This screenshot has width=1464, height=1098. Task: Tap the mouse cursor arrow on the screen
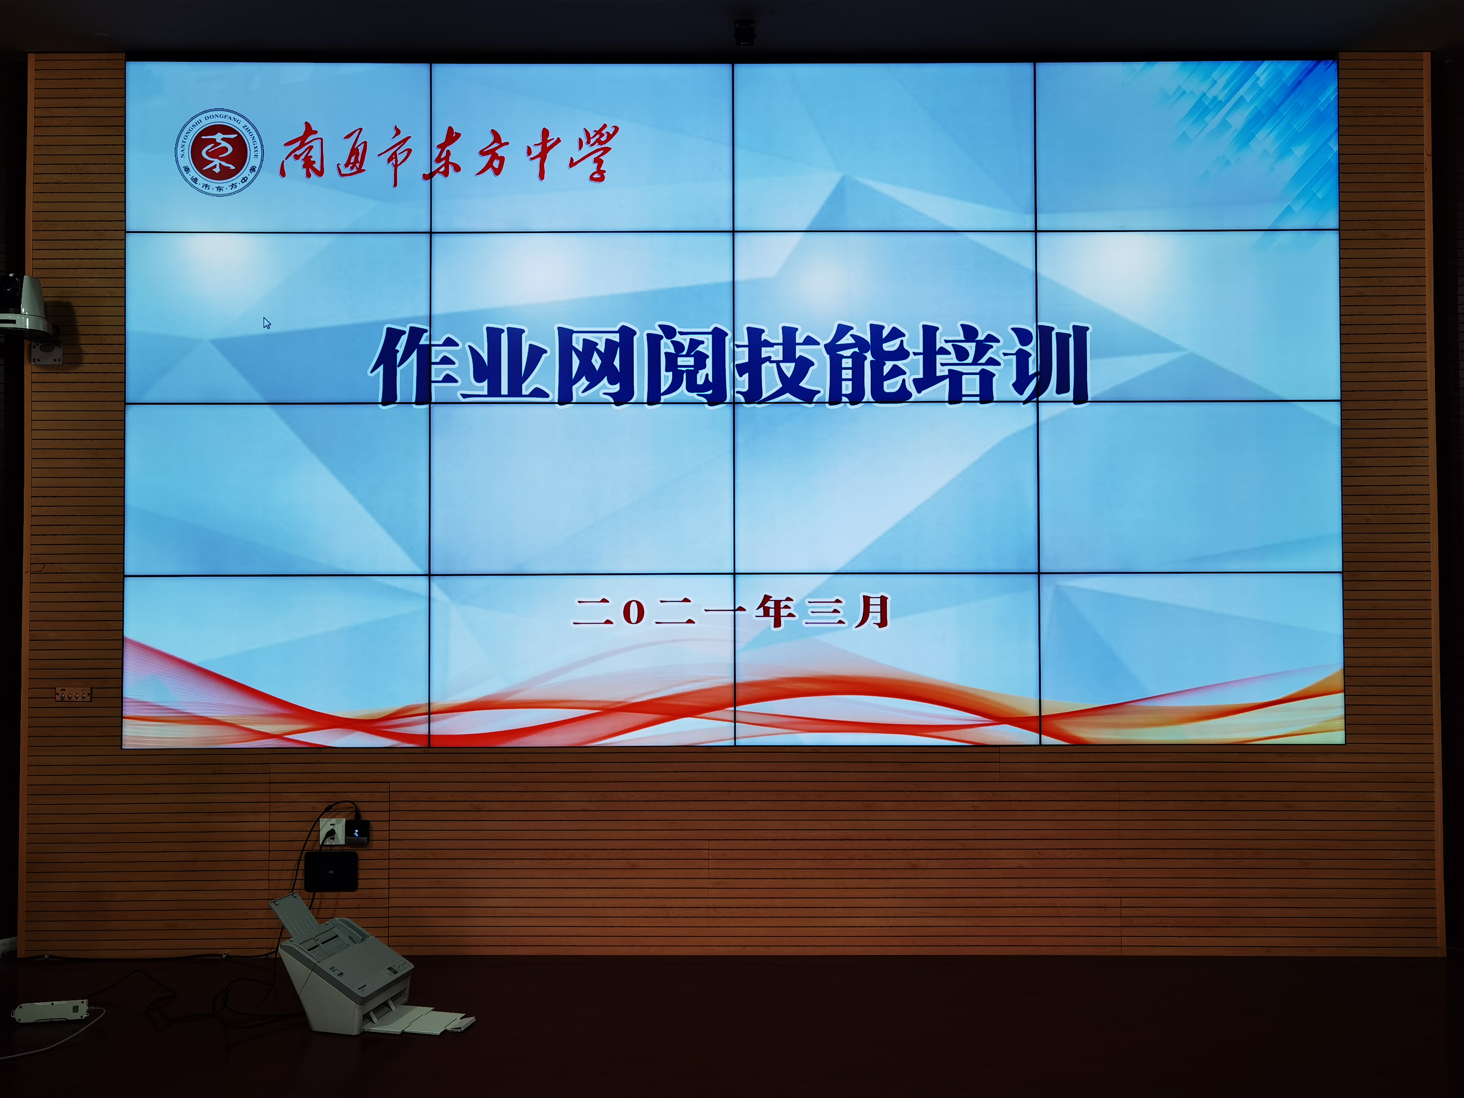tap(267, 323)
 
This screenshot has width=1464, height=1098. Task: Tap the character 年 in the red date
tap(776, 611)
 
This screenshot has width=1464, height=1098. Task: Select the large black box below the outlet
tap(331, 871)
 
